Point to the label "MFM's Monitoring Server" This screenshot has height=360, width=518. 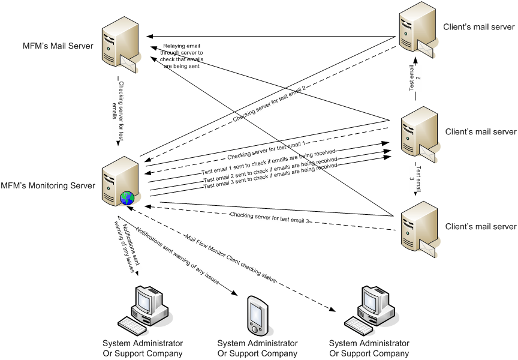(x=48, y=185)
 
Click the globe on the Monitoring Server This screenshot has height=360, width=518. (x=127, y=197)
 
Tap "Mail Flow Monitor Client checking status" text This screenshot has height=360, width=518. (x=231, y=257)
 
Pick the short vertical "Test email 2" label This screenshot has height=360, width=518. (x=414, y=83)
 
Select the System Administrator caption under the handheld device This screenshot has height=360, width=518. (x=257, y=348)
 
